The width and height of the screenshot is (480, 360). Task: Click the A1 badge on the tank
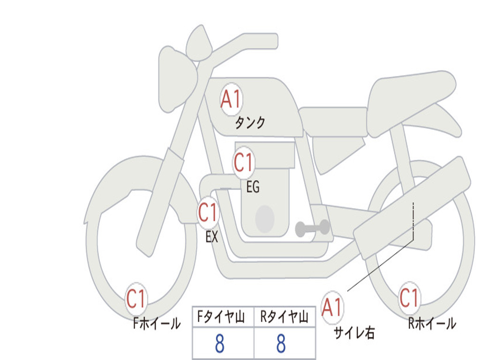232,99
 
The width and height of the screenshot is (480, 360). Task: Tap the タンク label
249,123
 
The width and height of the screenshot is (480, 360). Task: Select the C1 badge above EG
243,162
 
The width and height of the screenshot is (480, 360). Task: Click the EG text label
253,187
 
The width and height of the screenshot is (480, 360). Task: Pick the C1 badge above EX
208,212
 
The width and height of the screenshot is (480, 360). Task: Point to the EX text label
212,237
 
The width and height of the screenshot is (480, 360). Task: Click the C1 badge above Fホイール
136,299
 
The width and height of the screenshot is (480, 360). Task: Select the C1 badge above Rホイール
409,298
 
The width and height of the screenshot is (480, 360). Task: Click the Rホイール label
432,323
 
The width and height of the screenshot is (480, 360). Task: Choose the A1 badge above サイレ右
332,307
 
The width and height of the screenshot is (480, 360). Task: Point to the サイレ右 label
354,333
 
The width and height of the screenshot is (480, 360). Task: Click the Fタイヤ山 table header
221,317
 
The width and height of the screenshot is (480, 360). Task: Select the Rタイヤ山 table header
285,317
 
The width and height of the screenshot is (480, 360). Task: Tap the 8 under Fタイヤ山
220,344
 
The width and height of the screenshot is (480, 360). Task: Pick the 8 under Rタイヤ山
281,344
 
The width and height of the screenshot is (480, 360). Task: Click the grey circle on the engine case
265,219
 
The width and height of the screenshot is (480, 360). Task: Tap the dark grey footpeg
312,228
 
